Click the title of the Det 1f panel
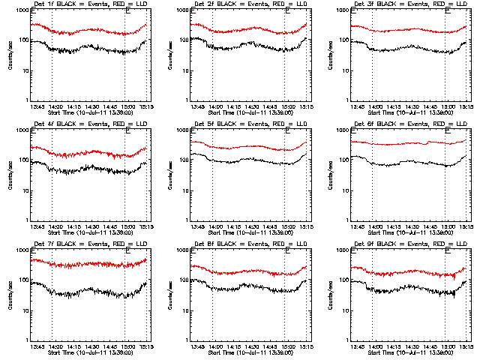coord(90,4)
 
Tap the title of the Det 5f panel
coord(250,124)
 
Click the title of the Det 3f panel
coord(410,4)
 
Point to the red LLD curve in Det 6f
coord(405,143)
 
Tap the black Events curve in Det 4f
coord(90,169)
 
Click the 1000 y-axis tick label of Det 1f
coord(24,11)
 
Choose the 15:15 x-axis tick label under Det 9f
coord(466,347)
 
